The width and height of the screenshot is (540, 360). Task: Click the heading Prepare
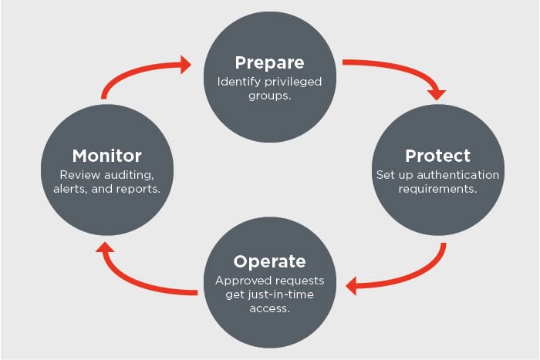pyautogui.click(x=270, y=63)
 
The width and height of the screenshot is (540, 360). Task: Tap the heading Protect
pyautogui.click(x=437, y=156)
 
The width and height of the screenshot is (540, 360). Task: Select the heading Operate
pyautogui.click(x=270, y=262)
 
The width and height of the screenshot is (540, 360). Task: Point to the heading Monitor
pyautogui.click(x=106, y=156)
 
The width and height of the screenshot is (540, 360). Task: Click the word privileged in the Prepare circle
pyautogui.click(x=293, y=82)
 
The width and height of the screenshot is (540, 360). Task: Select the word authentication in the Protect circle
pyautogui.click(x=458, y=175)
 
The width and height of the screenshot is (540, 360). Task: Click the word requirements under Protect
pyautogui.click(x=437, y=190)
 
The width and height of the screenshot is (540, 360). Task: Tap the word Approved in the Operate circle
pyautogui.click(x=238, y=281)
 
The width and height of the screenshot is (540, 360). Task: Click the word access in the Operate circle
pyautogui.click(x=269, y=308)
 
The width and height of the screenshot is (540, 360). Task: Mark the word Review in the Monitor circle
pyautogui.click(x=80, y=175)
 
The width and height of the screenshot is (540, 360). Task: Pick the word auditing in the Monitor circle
pyautogui.click(x=129, y=176)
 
